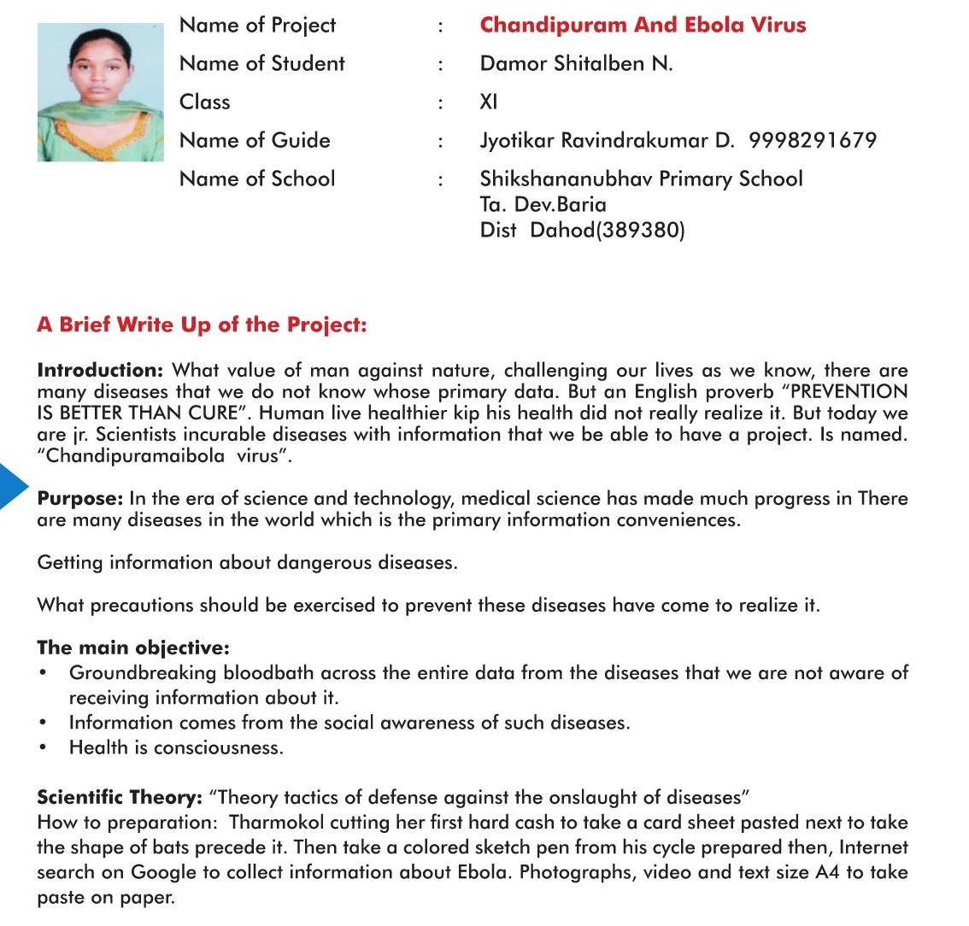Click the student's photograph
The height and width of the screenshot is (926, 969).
click(x=100, y=92)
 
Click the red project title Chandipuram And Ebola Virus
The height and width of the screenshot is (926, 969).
click(x=643, y=25)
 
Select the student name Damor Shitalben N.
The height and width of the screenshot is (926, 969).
click(x=576, y=63)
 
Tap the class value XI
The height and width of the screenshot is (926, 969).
click(x=489, y=102)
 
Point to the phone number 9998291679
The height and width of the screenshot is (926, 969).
click(x=812, y=140)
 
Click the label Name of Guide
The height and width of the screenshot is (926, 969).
click(x=255, y=140)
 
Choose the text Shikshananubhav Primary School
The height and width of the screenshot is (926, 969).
click(x=641, y=179)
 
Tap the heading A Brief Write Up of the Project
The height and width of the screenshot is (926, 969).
click(x=202, y=325)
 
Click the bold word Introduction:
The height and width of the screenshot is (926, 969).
click(x=100, y=371)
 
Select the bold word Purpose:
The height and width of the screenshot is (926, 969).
click(x=80, y=499)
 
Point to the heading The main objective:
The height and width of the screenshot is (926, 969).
click(x=133, y=648)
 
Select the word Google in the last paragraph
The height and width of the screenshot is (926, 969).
click(x=159, y=873)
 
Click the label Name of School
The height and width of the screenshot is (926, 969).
click(x=257, y=179)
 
